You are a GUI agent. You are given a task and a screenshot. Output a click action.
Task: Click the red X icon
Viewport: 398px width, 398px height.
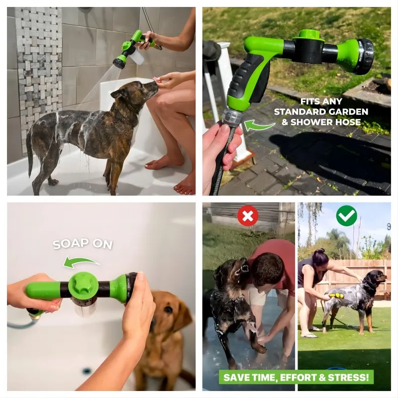[247, 216]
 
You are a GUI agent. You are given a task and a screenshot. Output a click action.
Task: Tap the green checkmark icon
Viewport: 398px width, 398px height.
[346, 216]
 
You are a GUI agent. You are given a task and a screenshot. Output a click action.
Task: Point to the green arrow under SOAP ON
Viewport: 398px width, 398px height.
[81, 262]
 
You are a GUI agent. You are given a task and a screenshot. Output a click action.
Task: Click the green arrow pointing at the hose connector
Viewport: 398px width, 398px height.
[259, 125]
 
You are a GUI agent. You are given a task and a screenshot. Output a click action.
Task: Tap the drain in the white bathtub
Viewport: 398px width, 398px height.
[88, 371]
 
